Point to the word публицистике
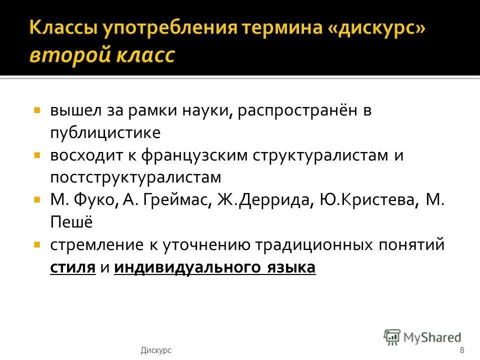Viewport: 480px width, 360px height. click(105, 132)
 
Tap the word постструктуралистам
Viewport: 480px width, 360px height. click(135, 177)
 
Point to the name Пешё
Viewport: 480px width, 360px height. click(71, 222)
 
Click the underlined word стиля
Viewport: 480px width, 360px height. click(72, 267)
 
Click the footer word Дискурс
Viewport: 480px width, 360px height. click(156, 350)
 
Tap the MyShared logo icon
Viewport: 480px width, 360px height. click(392, 337)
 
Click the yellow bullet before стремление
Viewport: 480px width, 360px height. click(37, 245)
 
